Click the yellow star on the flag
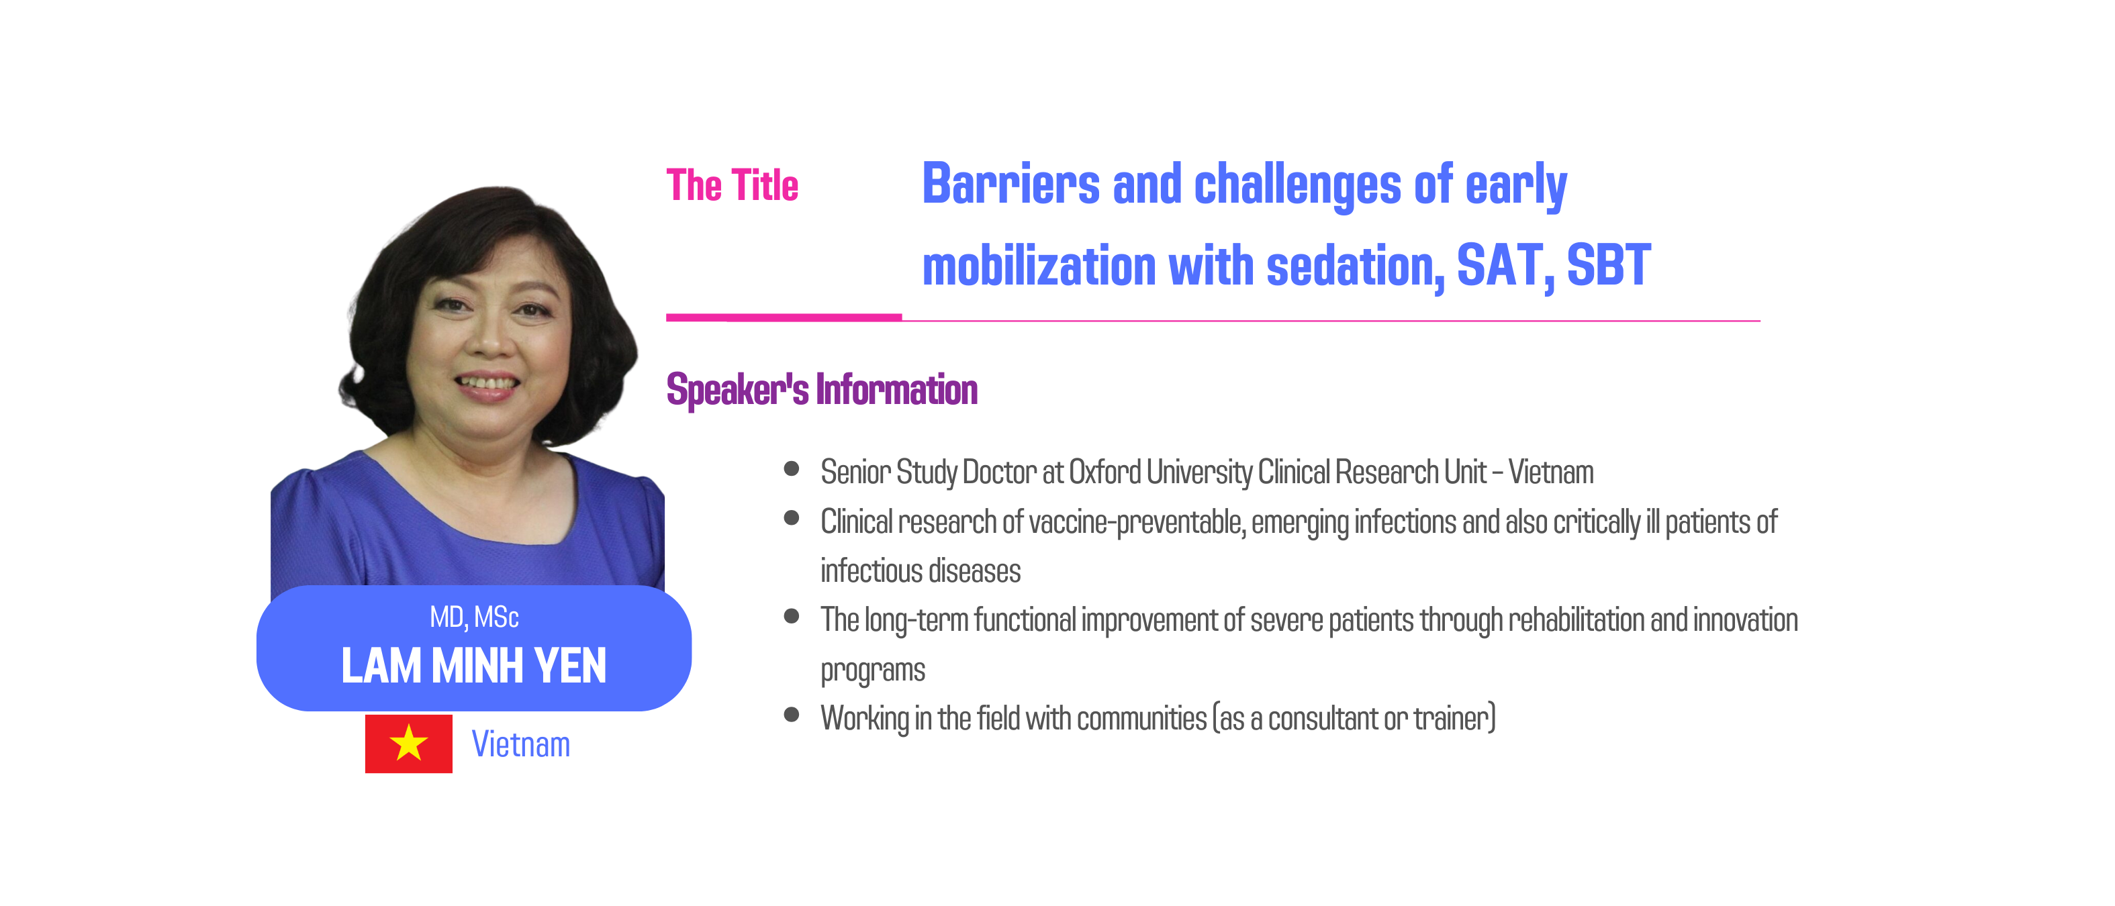(408, 743)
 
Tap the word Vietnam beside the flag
(520, 744)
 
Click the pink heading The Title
(732, 185)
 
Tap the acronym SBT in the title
(1609, 265)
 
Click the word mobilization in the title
(1039, 265)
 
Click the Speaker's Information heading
(822, 389)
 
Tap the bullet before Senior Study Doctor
(792, 468)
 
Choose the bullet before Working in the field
(792, 714)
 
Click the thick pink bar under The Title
(784, 317)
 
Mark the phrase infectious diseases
(921, 571)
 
